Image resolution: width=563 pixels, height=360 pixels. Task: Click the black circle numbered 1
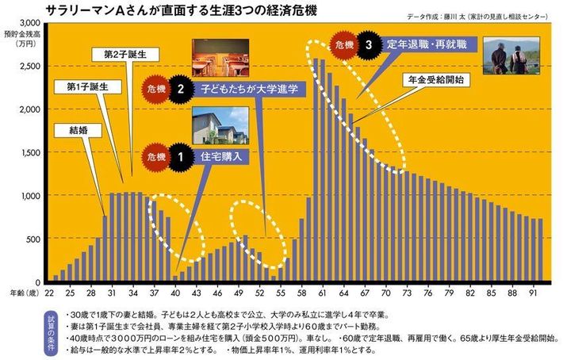182,157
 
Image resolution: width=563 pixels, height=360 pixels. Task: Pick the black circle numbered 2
182,90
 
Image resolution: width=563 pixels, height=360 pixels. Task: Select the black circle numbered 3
367,45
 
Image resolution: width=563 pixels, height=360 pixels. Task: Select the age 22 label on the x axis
50,292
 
